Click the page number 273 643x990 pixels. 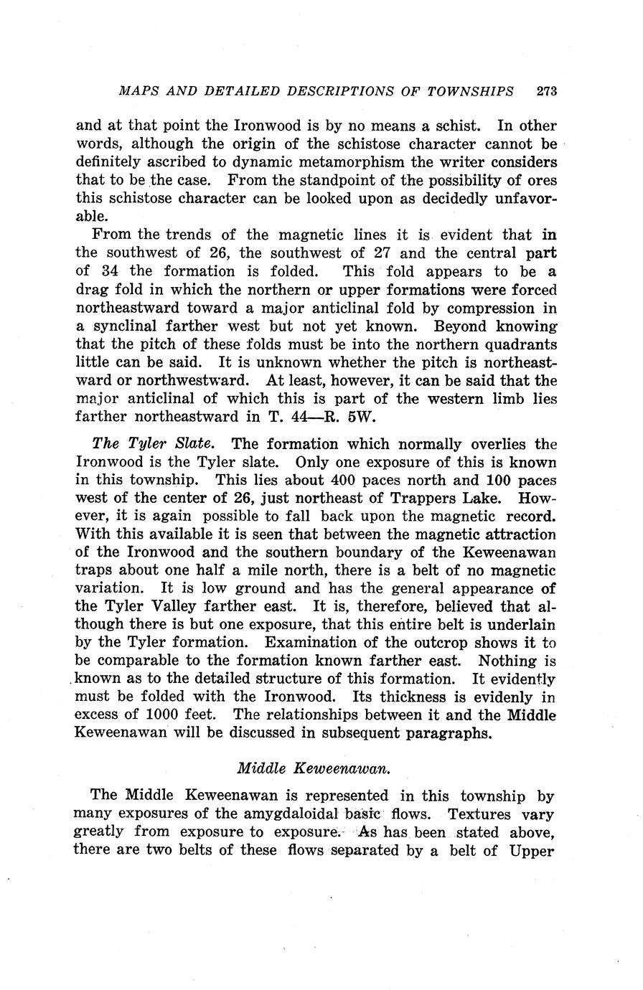(x=547, y=91)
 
